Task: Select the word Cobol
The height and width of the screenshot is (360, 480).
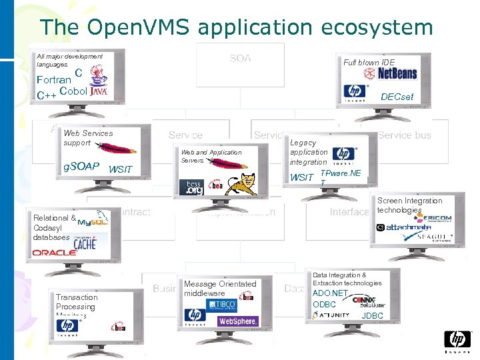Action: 73,91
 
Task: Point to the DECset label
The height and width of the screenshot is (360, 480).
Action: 397,97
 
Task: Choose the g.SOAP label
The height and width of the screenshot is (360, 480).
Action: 81,166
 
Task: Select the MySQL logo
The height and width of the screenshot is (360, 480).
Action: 93,220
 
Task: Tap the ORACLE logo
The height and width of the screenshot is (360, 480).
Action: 55,253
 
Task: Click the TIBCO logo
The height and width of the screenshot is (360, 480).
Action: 222,305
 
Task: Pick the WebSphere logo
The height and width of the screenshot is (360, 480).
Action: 238,321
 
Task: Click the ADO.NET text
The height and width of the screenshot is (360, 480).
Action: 331,293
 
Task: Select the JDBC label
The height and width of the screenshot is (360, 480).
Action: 372,315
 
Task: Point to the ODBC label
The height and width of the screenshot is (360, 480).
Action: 324,305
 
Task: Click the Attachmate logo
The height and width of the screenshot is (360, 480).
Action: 408,227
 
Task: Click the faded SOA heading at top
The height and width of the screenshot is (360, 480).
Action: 240,59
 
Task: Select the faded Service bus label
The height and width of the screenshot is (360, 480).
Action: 404,135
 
